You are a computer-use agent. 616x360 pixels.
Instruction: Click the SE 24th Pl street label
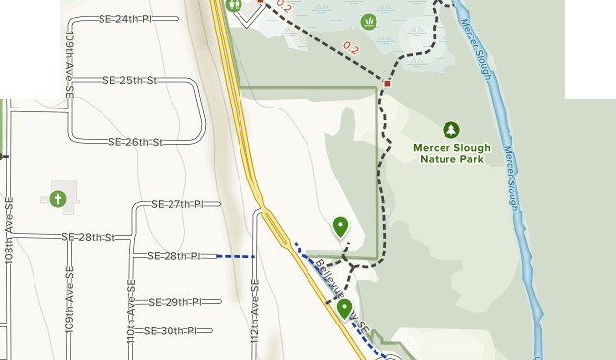(126, 19)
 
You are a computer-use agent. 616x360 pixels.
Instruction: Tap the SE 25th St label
(131, 80)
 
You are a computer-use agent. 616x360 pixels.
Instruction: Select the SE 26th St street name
(135, 142)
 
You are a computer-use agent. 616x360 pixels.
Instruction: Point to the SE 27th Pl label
(177, 204)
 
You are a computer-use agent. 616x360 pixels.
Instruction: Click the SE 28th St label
(89, 237)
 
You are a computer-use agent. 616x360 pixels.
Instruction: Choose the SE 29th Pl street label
(175, 301)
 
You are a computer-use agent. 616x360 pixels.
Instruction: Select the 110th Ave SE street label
(131, 311)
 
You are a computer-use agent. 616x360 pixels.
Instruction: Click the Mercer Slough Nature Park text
(451, 153)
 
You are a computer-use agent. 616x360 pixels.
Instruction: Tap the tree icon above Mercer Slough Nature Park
(451, 129)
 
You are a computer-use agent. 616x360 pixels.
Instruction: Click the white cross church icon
(58, 199)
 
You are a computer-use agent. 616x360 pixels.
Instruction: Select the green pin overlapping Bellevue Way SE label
(344, 308)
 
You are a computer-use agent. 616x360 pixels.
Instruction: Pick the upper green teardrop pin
(341, 227)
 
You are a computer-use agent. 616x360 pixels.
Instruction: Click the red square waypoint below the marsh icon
(388, 84)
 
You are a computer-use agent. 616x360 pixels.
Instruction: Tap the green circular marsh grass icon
(370, 20)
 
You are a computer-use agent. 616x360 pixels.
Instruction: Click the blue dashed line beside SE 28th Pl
(236, 256)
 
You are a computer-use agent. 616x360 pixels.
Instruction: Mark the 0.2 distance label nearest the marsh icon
(353, 46)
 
